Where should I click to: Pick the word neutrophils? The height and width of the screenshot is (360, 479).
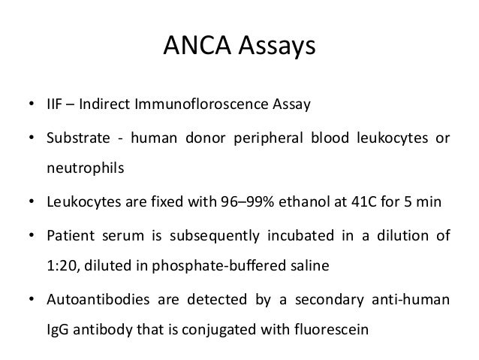[x=78, y=168]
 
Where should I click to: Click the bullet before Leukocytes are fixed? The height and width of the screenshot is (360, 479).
[x=32, y=201]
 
